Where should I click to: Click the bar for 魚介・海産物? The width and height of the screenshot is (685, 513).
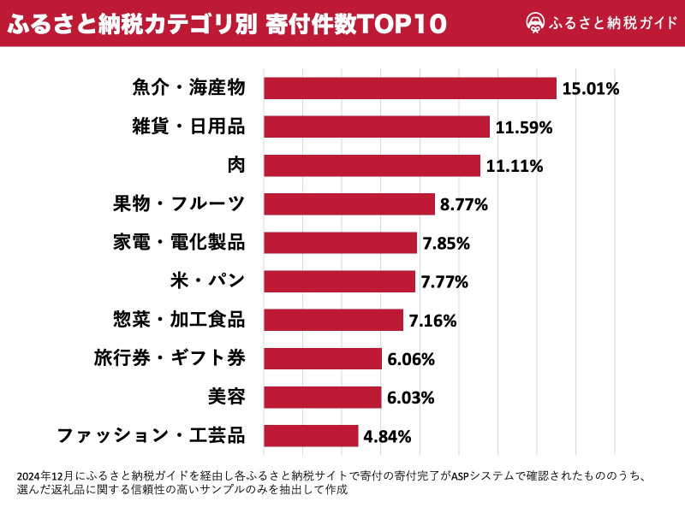click(x=409, y=88)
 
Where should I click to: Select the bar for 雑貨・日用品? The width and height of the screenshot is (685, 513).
click(x=376, y=127)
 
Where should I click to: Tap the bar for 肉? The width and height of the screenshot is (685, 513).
click(x=372, y=165)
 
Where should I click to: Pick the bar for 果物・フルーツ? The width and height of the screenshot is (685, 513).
click(x=349, y=203)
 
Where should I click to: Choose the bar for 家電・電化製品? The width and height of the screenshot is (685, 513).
click(x=340, y=243)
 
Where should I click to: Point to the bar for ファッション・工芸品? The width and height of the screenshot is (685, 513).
click(x=311, y=436)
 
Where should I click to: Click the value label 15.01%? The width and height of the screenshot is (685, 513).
click(x=590, y=88)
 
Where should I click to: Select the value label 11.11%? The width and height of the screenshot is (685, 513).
click(x=514, y=166)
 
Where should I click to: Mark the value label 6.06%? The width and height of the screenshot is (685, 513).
click(x=411, y=359)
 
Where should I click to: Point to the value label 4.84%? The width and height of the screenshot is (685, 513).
click(x=387, y=436)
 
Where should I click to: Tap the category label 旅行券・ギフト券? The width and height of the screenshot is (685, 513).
click(x=170, y=358)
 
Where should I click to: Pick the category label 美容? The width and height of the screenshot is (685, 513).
click(x=226, y=397)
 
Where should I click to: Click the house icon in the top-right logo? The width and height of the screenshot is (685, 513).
click(x=535, y=24)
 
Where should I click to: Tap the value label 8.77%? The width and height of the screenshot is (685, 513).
click(x=463, y=204)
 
